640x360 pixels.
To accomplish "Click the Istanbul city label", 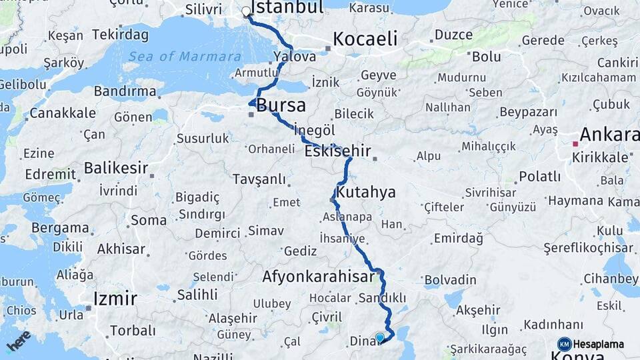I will pos(289,7).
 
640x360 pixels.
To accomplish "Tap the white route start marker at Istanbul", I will pos(246,11).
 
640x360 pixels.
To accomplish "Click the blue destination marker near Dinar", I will pos(380,338).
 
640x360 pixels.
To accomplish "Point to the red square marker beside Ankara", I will pos(575,143).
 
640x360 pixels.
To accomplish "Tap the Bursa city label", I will pos(281,105).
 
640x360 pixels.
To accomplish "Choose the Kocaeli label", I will pos(365,39).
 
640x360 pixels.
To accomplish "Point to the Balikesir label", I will pos(116,167).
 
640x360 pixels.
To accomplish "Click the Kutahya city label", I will pos(366,193).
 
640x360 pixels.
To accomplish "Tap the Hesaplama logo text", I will pos(599,345).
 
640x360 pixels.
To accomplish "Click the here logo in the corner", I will pos(18,340).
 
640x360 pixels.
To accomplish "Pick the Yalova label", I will pos(295,57).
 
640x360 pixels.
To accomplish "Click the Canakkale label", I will pos(62,113).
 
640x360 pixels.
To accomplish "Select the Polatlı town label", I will pos(539,177).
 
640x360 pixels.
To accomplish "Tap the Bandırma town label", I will pos(125,91).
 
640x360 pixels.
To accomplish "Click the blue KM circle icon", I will pos(564,344).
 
